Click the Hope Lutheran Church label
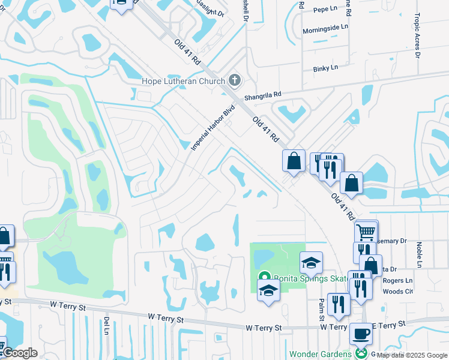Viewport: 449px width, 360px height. [182, 81]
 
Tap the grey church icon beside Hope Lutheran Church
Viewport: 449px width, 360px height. [235, 80]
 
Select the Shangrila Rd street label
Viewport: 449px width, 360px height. [262, 95]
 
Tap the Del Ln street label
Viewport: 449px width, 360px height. [106, 325]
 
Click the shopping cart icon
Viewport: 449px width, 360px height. [366, 230]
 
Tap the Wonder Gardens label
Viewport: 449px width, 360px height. [321, 354]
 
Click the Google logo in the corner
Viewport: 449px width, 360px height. [19, 353]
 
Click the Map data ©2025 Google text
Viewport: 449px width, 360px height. [412, 356]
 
